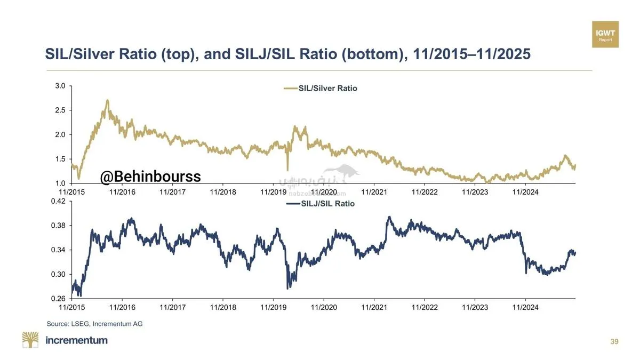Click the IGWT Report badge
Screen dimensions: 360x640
[x=605, y=35]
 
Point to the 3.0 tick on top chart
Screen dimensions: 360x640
[x=60, y=86]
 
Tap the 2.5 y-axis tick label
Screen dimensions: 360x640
[x=60, y=110]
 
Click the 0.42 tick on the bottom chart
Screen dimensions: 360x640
[x=58, y=201]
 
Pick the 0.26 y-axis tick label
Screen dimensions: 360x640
[x=58, y=299]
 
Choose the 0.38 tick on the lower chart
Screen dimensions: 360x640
[x=58, y=226]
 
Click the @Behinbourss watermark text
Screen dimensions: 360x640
[x=150, y=176]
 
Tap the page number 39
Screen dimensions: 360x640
[x=614, y=341]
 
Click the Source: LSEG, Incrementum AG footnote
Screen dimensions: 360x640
[x=95, y=323]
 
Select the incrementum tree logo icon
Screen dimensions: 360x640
[x=30, y=340]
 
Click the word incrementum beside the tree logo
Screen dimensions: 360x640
[x=77, y=340]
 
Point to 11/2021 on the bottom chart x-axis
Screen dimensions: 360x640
[x=374, y=307]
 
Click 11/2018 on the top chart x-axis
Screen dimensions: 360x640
[x=223, y=192]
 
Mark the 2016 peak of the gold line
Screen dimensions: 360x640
[x=107, y=100]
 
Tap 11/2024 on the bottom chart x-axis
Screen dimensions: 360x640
[x=525, y=307]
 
